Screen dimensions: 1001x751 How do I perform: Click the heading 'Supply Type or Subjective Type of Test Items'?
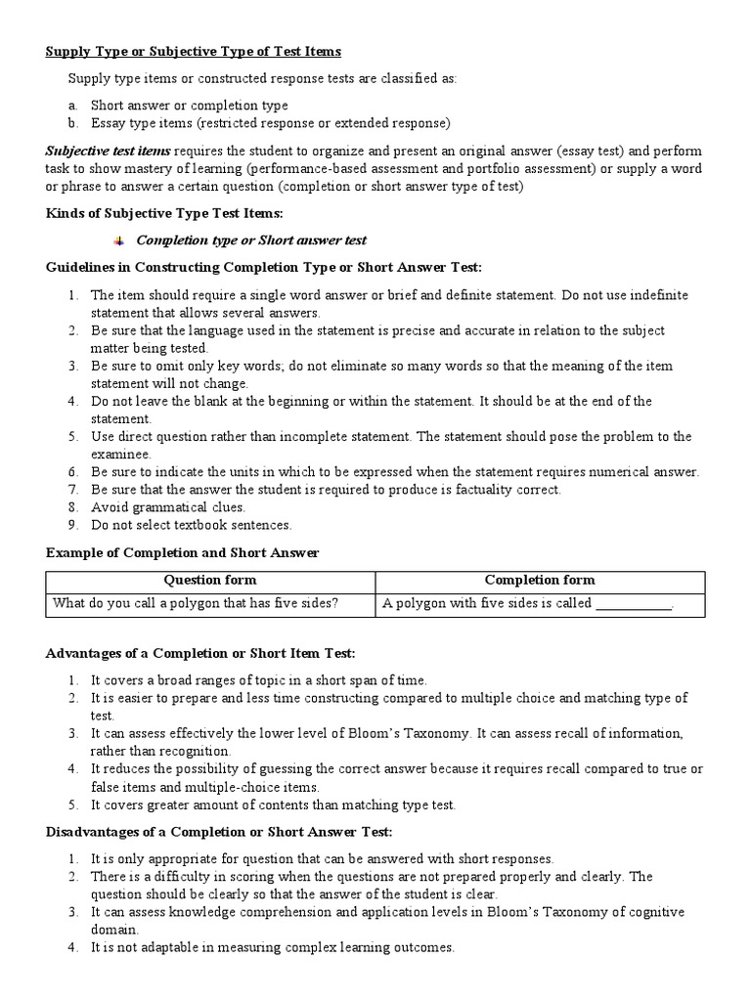tap(194, 51)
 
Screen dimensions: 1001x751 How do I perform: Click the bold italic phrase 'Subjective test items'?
tap(108, 151)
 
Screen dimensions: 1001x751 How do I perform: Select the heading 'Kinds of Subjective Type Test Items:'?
tap(164, 213)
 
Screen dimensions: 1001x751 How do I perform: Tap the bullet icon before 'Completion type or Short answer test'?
tap(119, 240)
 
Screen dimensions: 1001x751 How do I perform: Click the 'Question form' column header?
tap(210, 580)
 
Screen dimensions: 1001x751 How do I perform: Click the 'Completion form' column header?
tap(539, 580)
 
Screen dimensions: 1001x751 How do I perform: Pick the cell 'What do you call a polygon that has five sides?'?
tap(196, 603)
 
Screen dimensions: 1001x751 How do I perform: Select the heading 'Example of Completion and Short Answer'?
tap(183, 553)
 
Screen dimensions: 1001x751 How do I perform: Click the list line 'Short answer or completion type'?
tap(190, 105)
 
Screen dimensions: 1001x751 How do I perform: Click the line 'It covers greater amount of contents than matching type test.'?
tap(274, 805)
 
